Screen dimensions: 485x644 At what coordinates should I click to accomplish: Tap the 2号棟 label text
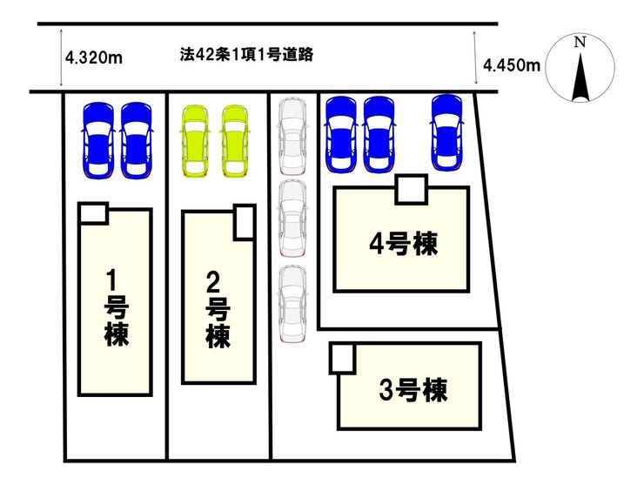click(x=218, y=308)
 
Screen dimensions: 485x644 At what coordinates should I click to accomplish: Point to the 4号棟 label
click(x=402, y=245)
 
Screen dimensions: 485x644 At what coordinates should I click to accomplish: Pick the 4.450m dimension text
click(x=511, y=64)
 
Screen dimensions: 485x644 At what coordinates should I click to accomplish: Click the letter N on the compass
click(x=580, y=41)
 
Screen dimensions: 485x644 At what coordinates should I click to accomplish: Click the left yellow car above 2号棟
click(x=195, y=140)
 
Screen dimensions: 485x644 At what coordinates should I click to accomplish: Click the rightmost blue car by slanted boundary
click(x=447, y=133)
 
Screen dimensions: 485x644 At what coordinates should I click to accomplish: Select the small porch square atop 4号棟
click(x=411, y=189)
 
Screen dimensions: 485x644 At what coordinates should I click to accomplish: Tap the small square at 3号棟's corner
click(x=342, y=358)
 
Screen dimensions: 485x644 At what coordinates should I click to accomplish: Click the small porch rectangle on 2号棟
click(x=245, y=222)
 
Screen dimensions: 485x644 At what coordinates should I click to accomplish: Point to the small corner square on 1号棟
click(x=93, y=213)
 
